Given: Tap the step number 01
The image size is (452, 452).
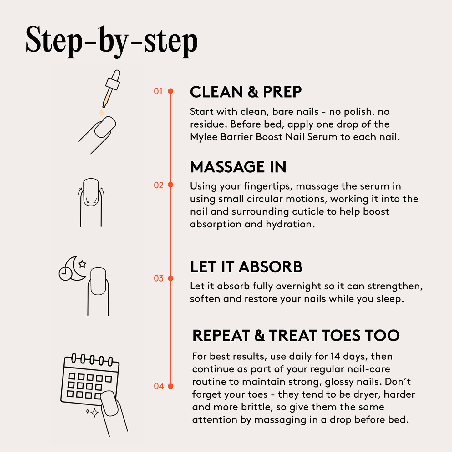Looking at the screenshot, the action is [158, 91].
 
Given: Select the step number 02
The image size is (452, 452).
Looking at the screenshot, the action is [159, 185].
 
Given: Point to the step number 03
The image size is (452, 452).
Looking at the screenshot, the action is [159, 278].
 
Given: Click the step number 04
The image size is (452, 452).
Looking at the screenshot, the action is [159, 386].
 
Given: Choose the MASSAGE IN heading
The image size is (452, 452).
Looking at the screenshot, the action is [238, 167].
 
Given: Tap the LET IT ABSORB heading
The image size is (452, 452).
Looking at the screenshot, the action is [246, 267].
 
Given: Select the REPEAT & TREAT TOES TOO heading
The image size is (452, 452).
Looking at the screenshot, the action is [296, 335].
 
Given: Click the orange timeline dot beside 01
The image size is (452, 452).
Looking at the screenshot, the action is [171, 91].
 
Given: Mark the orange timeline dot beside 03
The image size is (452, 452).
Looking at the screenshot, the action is [171, 278].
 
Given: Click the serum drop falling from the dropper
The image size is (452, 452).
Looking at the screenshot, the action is [101, 112].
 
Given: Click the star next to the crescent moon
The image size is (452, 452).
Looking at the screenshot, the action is [82, 264].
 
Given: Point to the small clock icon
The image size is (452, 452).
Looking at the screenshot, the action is [65, 274].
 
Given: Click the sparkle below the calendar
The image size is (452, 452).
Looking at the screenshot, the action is [94, 413].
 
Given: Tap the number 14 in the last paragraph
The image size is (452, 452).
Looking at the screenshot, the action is [335, 356].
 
